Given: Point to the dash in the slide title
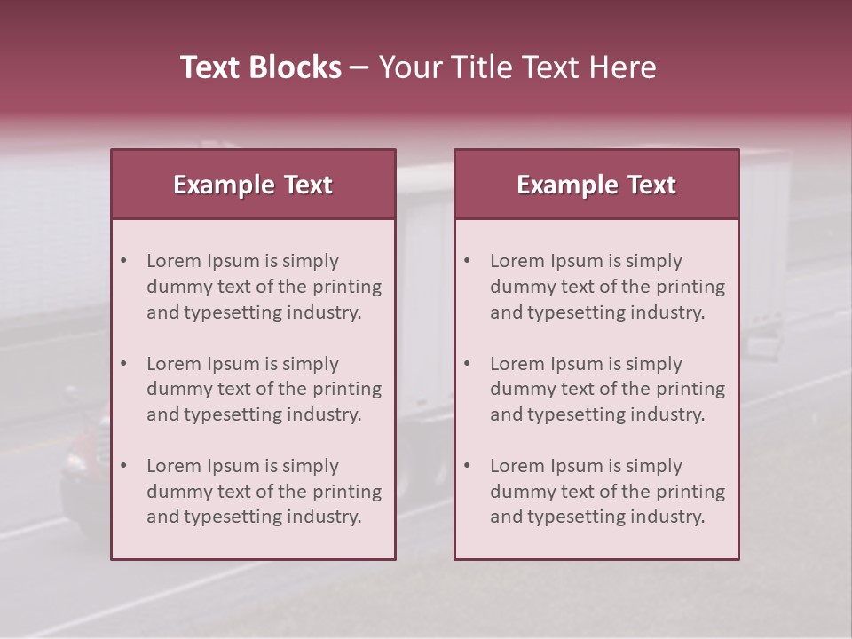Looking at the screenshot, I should (x=359, y=68).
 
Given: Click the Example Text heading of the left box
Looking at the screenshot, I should (x=253, y=185).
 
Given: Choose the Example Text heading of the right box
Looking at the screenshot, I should (x=596, y=185).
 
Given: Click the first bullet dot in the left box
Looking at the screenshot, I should (x=123, y=261).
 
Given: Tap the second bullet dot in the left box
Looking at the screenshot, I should (x=123, y=364).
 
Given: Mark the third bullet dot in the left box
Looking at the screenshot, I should (x=123, y=466).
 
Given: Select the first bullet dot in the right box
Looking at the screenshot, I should (x=467, y=261).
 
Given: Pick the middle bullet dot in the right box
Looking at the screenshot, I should (x=467, y=364).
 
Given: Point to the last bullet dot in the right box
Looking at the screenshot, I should (x=467, y=466).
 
